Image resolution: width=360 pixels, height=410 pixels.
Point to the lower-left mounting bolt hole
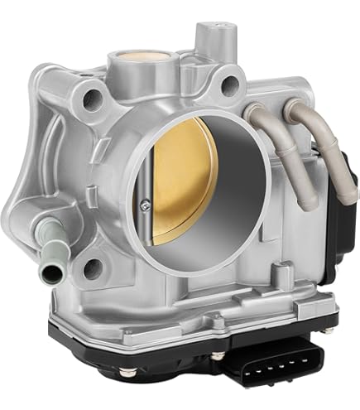pos(94,267)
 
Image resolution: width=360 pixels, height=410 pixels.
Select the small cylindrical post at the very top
pos(205,34)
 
